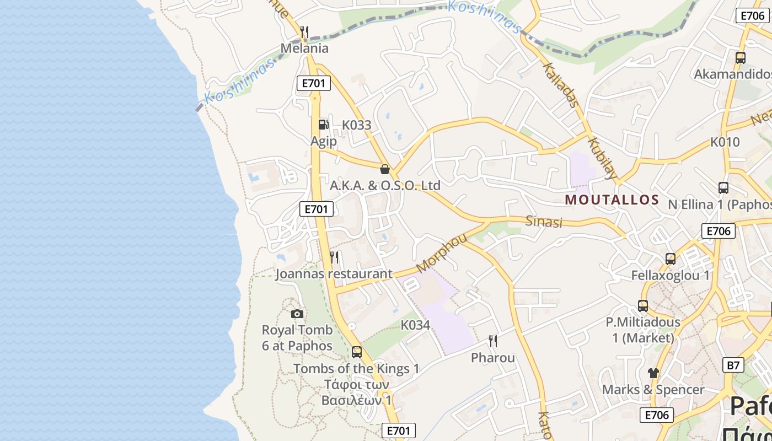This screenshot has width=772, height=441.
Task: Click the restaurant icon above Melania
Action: click(x=304, y=32)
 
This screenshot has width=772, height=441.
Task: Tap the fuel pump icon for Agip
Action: click(x=323, y=125)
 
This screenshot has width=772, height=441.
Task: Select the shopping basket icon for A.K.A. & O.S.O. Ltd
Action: click(x=385, y=169)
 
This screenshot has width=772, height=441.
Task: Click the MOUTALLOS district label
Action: click(x=612, y=200)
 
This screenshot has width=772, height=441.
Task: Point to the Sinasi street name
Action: click(x=544, y=222)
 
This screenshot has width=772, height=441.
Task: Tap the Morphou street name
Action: click(x=442, y=253)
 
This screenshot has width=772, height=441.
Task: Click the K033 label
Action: click(x=357, y=125)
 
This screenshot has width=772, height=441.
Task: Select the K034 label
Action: click(x=415, y=325)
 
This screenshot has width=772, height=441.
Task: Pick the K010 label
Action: click(x=725, y=142)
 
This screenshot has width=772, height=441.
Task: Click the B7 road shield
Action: click(x=733, y=365)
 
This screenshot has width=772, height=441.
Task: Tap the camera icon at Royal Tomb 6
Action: click(x=297, y=314)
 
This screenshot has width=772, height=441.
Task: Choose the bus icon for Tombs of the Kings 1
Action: click(x=357, y=352)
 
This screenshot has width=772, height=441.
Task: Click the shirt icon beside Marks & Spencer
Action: click(x=653, y=373)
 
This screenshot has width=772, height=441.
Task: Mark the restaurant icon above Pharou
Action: click(x=493, y=341)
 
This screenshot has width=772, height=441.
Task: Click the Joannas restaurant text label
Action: click(x=334, y=273)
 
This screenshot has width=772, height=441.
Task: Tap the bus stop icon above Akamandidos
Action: click(x=741, y=57)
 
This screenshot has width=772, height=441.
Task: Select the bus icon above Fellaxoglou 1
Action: click(x=671, y=259)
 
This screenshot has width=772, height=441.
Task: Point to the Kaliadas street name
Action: click(x=560, y=84)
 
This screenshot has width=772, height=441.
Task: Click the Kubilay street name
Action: click(x=602, y=159)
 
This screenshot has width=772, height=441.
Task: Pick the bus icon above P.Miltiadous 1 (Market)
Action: click(x=643, y=305)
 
